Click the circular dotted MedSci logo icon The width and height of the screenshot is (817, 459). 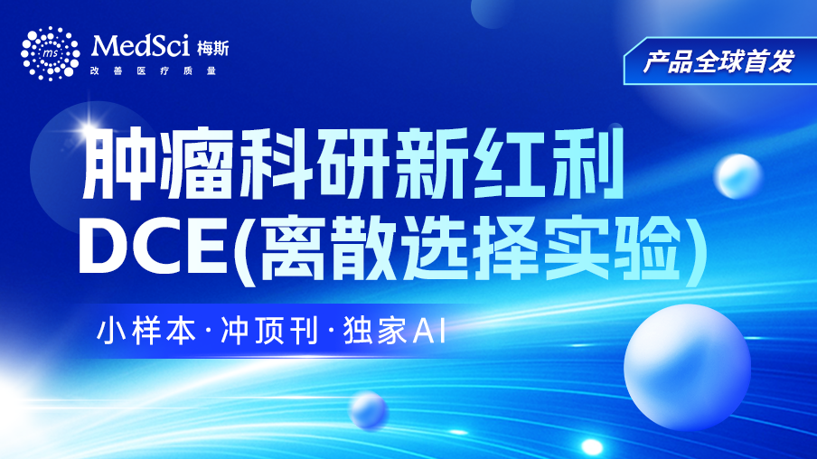[50, 53]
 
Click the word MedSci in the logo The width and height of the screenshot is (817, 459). [140, 46]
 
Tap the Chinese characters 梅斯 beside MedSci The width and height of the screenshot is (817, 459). [212, 49]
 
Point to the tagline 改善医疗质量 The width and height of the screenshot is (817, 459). [153, 70]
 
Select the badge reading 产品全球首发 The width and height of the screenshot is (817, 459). [719, 61]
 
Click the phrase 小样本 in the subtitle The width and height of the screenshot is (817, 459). [146, 330]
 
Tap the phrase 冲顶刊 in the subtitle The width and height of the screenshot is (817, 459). [268, 330]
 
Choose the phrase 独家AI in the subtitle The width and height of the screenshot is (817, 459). [394, 330]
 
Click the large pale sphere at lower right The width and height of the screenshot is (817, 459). [687, 367]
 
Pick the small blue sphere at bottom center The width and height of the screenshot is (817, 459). [368, 410]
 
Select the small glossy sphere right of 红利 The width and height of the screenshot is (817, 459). [737, 176]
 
